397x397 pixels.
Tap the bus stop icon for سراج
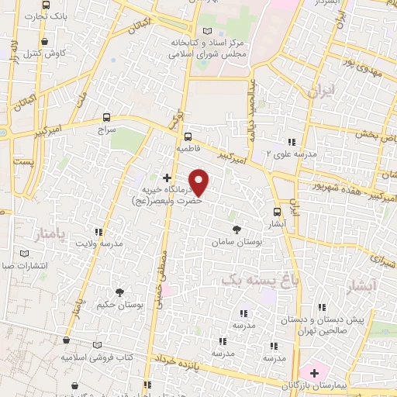click(x=106, y=118)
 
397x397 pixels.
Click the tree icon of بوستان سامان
click(x=236, y=229)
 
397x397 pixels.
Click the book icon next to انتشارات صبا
click(x=24, y=254)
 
